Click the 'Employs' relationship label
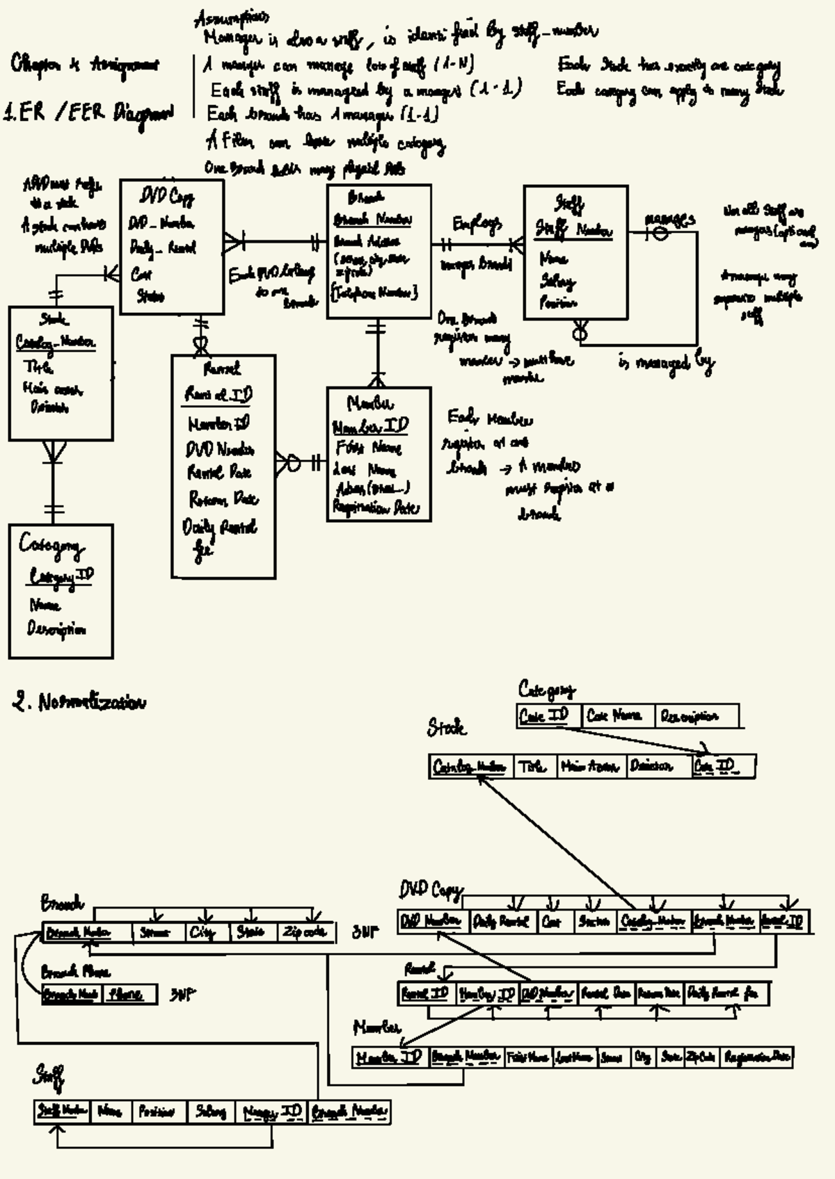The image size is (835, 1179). [477, 224]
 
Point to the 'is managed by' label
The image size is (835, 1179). [666, 362]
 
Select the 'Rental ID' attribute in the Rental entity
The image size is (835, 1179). [218, 394]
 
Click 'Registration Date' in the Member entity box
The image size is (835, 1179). [376, 508]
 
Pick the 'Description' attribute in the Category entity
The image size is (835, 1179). [57, 629]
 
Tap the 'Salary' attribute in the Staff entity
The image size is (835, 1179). [558, 281]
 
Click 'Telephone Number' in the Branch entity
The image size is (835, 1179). [374, 293]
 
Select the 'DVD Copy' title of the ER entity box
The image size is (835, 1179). [168, 197]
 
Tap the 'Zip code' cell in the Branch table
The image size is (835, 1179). [304, 932]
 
